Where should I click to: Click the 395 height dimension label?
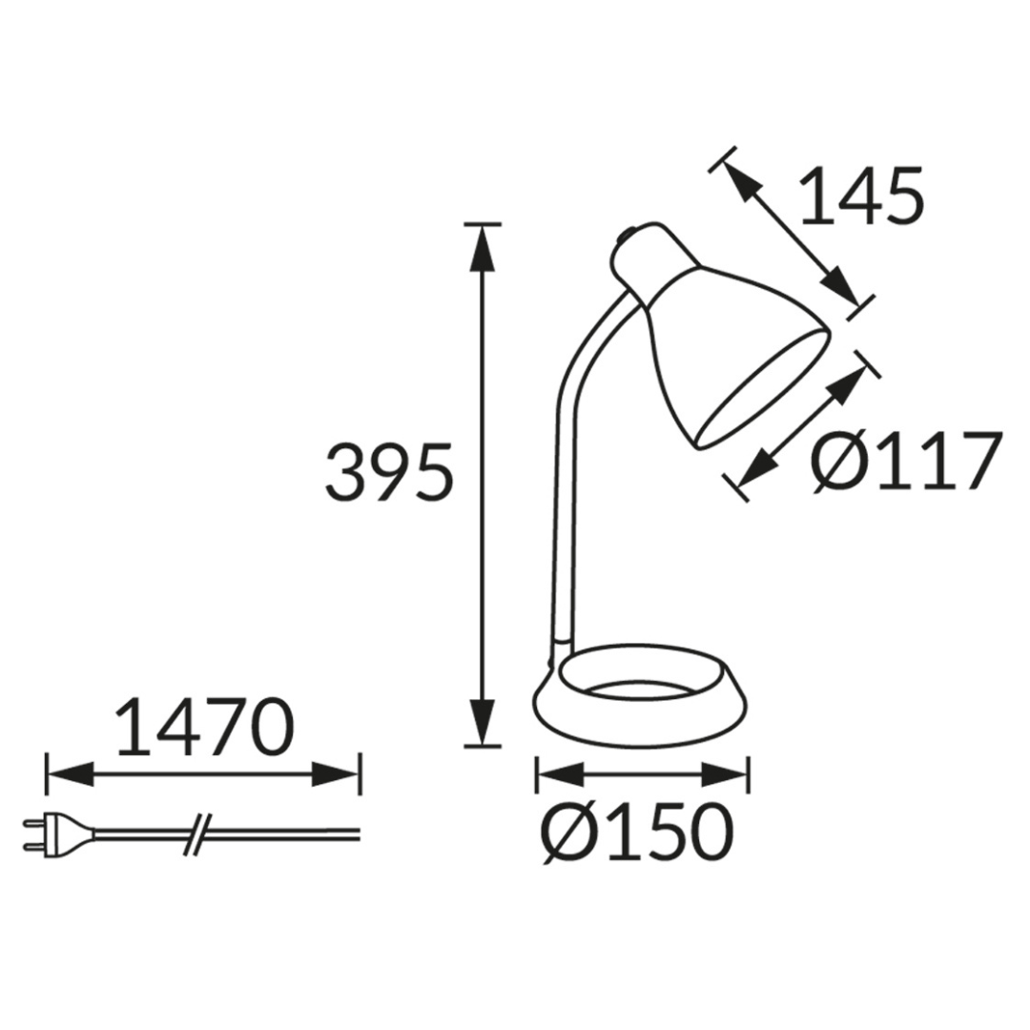click(x=389, y=472)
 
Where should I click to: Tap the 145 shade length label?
click(x=861, y=196)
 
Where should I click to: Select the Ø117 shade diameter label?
click(x=907, y=462)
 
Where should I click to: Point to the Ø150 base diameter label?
click(x=636, y=832)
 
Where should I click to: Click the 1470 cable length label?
click(x=204, y=726)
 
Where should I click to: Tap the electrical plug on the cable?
click(x=58, y=834)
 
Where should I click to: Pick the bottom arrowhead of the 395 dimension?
click(x=483, y=723)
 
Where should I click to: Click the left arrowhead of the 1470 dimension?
click(x=71, y=774)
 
